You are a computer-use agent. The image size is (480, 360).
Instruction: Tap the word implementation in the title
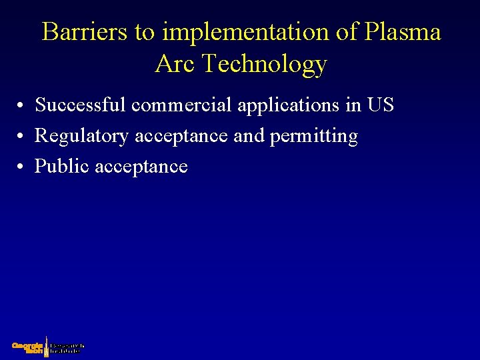pos(227,32)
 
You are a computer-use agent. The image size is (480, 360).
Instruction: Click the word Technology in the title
pos(265,64)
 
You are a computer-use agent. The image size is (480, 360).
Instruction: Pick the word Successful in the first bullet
pos(81,105)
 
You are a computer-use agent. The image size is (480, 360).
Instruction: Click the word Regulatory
pos(82,136)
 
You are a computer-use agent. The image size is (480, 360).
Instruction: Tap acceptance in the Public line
pos(141,166)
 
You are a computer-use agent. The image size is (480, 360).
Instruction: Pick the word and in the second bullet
pos(249,136)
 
